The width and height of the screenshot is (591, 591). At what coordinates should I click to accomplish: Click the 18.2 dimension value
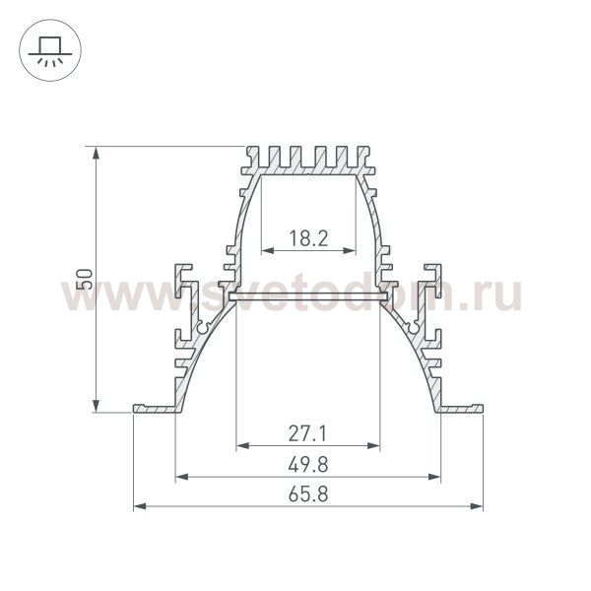(x=308, y=237)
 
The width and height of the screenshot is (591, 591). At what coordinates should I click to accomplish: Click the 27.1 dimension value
(x=308, y=432)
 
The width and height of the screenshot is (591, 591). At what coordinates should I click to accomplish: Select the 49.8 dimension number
(x=308, y=464)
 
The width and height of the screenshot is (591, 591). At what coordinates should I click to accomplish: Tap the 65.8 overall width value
(x=308, y=494)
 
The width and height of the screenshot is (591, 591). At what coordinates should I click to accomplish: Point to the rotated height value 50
(x=86, y=279)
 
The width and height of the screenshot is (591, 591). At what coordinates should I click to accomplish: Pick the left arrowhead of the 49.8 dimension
(x=181, y=478)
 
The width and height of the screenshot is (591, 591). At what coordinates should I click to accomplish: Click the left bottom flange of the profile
(x=154, y=408)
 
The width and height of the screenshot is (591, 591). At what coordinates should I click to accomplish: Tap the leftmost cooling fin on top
(x=248, y=158)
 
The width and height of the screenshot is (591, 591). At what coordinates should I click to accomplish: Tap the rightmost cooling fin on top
(x=367, y=158)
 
